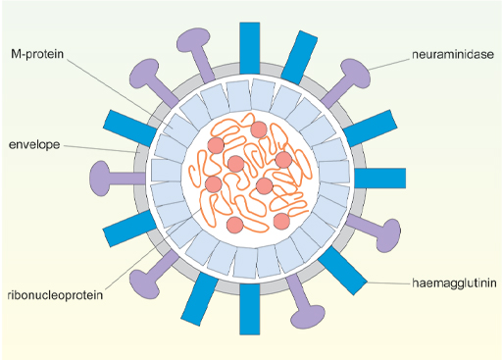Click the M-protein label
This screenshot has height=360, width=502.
[38, 53]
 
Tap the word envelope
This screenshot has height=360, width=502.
[34, 145]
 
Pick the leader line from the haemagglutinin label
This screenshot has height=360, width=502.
[377, 284]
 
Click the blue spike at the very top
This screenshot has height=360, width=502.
[250, 43]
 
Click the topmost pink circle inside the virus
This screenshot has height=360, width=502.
[259, 129]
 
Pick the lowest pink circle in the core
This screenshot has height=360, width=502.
[235, 225]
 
